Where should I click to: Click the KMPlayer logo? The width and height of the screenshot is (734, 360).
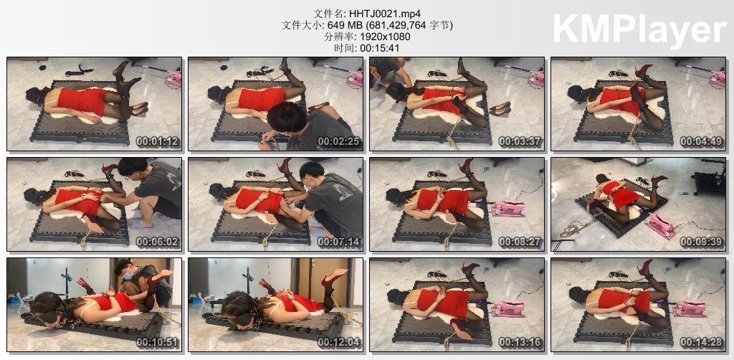pyautogui.click(x=639, y=29)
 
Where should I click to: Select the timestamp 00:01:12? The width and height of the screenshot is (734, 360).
pyautogui.click(x=157, y=141)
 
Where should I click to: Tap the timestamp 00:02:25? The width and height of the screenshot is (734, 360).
pyautogui.click(x=338, y=141)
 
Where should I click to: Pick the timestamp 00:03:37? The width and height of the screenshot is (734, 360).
pyautogui.click(x=520, y=141)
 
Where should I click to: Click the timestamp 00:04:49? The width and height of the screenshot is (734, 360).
pyautogui.click(x=701, y=141)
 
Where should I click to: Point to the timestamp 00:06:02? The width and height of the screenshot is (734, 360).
pyautogui.click(x=157, y=242)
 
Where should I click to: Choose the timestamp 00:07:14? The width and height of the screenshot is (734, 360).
pyautogui.click(x=338, y=242)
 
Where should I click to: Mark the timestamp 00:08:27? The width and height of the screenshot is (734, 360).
pyautogui.click(x=520, y=242)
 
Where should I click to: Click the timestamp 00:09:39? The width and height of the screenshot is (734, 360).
pyautogui.click(x=701, y=242)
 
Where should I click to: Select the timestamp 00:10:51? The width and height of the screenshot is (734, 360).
pyautogui.click(x=157, y=342)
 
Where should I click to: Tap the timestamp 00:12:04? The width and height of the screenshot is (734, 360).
pyautogui.click(x=338, y=342)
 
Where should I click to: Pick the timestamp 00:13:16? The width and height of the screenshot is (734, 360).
pyautogui.click(x=520, y=342)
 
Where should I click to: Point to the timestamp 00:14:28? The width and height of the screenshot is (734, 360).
pyautogui.click(x=701, y=342)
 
